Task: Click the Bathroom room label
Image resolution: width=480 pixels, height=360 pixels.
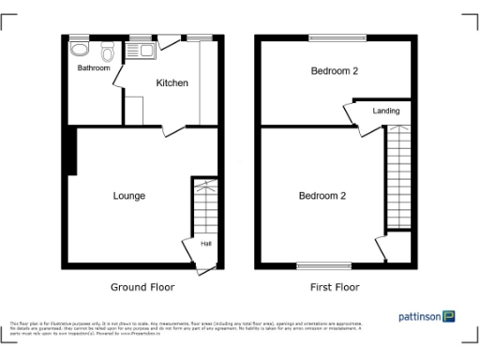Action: (x=94, y=68)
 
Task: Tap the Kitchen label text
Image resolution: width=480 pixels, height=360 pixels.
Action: (x=172, y=83)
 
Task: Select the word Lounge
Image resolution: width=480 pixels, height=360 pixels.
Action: (x=128, y=196)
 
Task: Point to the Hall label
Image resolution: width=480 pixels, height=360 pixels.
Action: (x=205, y=246)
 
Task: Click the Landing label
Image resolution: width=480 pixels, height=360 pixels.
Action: (x=386, y=112)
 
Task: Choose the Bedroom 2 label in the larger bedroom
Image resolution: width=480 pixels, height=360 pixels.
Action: (x=322, y=196)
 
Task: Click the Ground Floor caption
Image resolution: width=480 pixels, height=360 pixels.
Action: (x=142, y=287)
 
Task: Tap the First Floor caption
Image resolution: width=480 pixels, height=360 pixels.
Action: (x=335, y=287)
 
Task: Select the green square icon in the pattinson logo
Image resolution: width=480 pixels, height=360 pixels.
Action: (x=450, y=316)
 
